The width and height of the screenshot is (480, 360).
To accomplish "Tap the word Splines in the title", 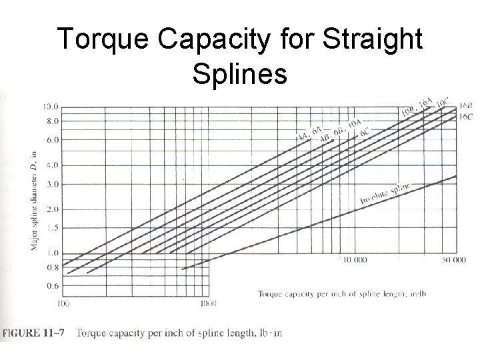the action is click(239, 73).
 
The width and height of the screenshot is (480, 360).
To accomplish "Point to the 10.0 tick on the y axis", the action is click(51, 107).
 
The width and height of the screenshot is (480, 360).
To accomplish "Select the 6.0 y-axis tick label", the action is click(53, 140).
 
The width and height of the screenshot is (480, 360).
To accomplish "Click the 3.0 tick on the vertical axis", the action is click(53, 184).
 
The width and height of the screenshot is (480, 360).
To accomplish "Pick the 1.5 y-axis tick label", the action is click(53, 227).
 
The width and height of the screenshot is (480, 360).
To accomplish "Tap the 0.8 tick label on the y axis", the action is click(53, 268).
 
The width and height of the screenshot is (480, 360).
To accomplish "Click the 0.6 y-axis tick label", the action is click(53, 286).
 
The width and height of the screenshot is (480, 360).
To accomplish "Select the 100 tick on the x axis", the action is click(64, 304).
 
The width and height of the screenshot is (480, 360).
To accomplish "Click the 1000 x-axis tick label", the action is click(208, 304).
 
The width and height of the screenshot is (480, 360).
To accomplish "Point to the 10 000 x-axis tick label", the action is click(355, 260).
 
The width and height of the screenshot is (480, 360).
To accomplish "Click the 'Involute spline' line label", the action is click(385, 193).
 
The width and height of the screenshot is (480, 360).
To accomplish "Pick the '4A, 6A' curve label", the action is click(309, 132).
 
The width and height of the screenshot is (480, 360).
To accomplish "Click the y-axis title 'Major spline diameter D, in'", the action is click(33, 201).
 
